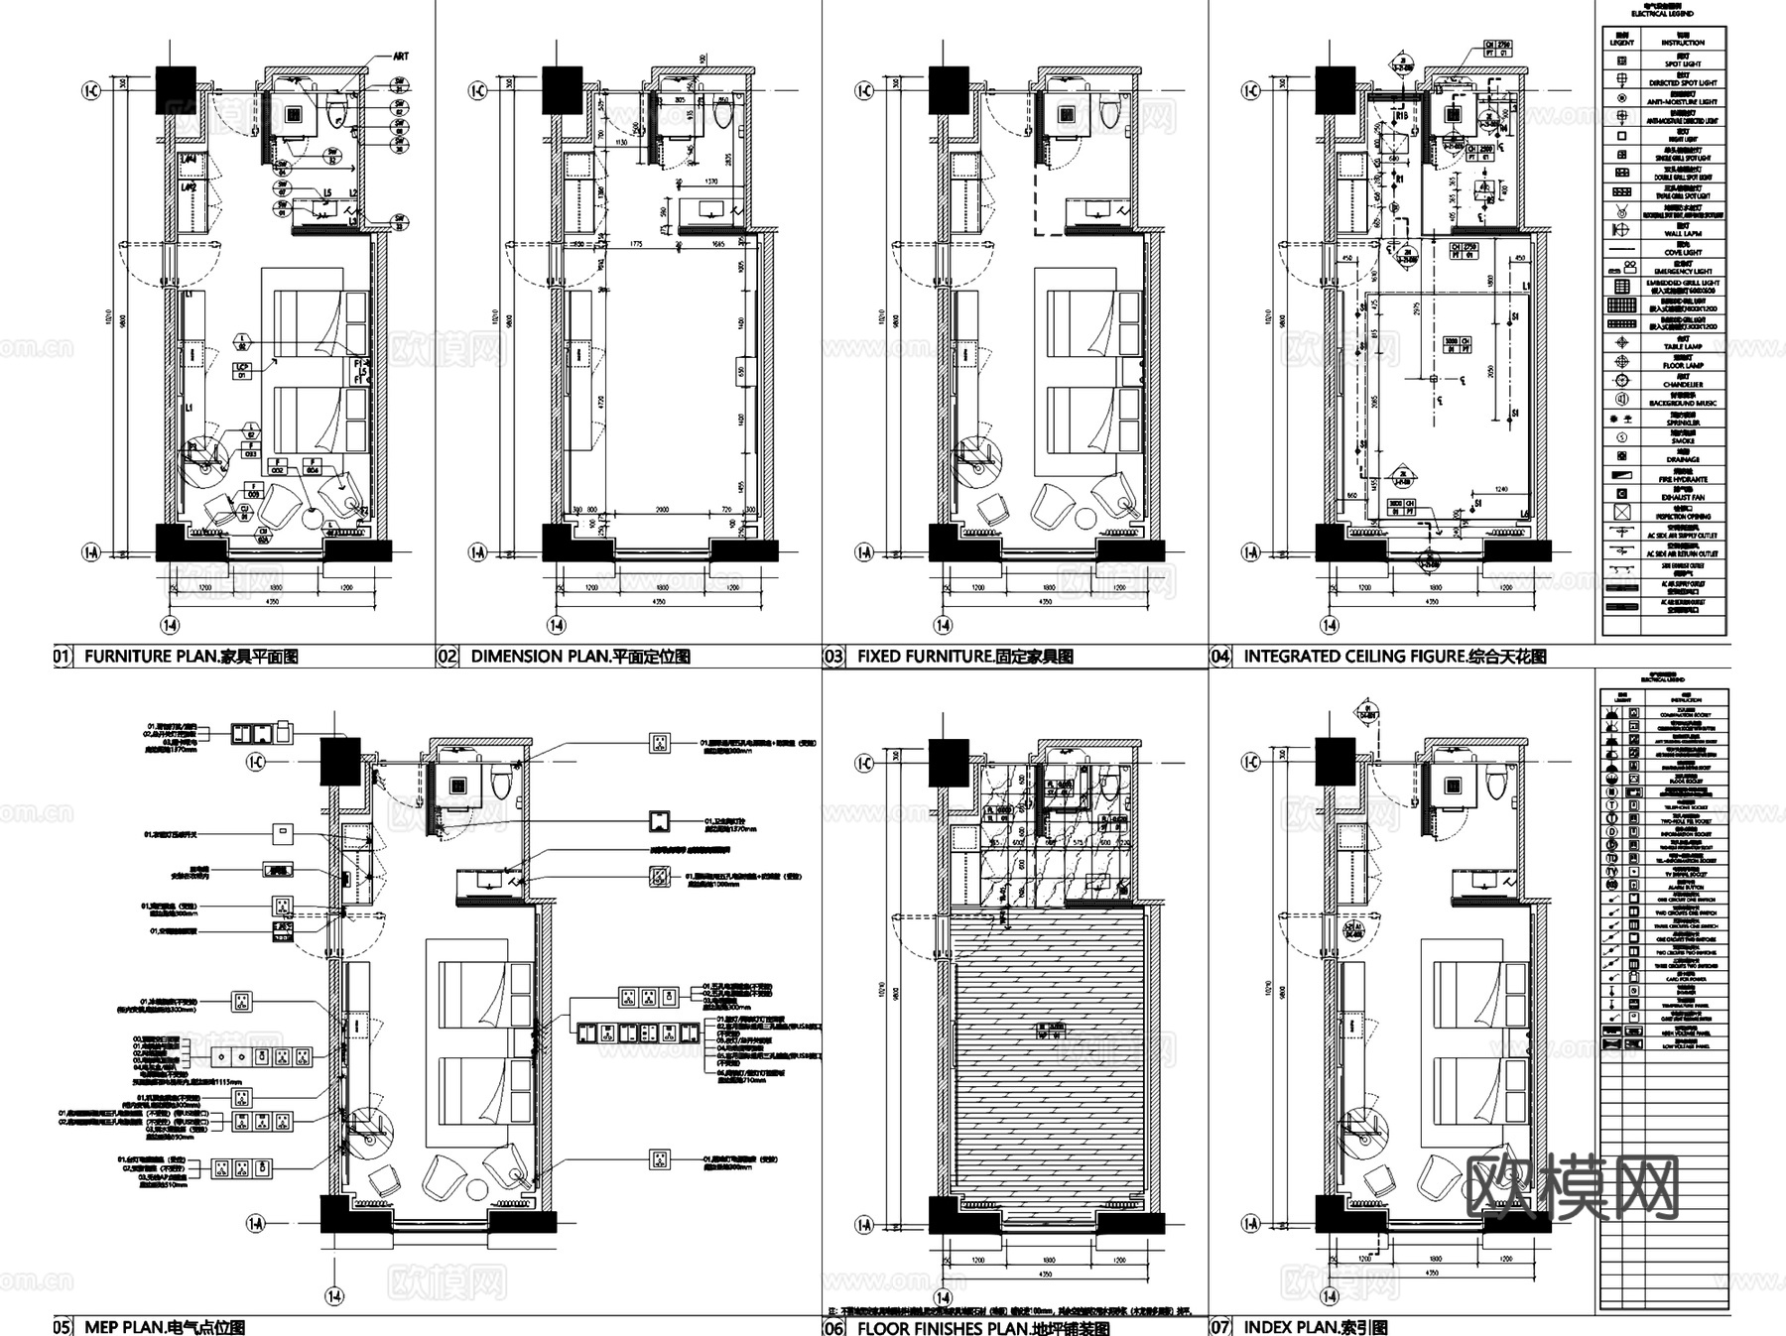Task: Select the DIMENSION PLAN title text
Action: point(579,656)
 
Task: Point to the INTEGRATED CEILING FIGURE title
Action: point(1394,656)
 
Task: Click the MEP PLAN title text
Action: point(164,1327)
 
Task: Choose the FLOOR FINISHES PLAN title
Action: point(982,1327)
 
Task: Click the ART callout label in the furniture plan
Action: point(400,57)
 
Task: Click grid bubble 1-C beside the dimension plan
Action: point(477,91)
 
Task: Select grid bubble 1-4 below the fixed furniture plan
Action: point(943,625)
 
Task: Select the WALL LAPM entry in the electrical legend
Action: point(1683,233)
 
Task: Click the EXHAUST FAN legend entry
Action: point(1683,496)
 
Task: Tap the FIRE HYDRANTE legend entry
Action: point(1683,478)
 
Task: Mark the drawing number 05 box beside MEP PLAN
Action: point(62,1327)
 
